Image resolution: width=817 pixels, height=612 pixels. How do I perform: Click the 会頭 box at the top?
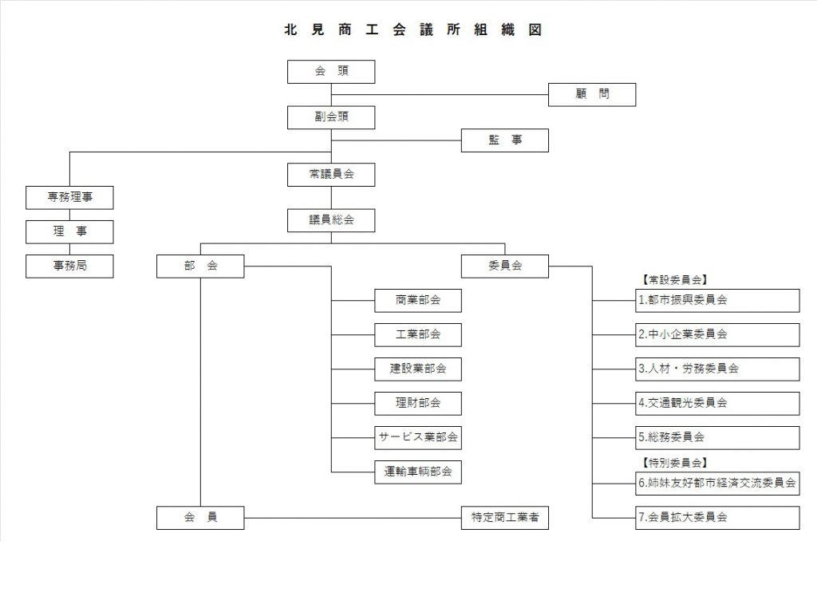[x=331, y=72]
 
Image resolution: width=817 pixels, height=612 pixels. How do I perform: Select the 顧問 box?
[x=592, y=94]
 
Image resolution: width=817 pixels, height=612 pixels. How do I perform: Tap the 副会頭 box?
[x=331, y=117]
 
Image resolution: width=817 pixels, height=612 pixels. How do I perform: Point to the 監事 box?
[x=505, y=140]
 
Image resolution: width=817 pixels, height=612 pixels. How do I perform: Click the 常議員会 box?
[x=331, y=174]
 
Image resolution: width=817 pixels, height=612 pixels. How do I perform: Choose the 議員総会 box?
[x=331, y=220]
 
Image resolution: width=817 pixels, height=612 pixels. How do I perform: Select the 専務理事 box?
[x=69, y=197]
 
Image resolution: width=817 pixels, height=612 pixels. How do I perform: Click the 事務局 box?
[x=69, y=267]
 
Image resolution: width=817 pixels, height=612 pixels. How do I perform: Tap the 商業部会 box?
[x=418, y=301]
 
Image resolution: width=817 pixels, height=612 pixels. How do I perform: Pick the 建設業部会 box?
[x=418, y=369]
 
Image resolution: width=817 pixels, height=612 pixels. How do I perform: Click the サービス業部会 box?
[x=418, y=437]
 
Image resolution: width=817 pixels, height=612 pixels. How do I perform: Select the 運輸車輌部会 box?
[x=418, y=472]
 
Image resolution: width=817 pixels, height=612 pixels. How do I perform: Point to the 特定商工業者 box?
[x=505, y=518]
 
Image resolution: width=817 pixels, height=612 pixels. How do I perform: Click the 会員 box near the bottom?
[x=200, y=518]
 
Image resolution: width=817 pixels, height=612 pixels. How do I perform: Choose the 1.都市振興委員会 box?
[x=718, y=301]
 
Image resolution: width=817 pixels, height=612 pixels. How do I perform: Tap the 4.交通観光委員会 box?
[x=718, y=404]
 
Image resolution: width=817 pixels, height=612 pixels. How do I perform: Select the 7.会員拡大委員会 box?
[x=718, y=518]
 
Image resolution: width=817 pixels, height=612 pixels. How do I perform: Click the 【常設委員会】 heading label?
[x=675, y=280]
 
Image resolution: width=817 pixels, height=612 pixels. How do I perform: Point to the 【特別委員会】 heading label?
[x=675, y=463]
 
